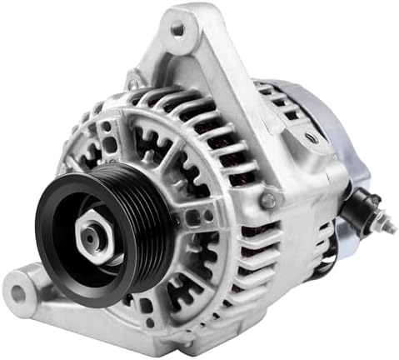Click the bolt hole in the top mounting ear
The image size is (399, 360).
click(177, 29)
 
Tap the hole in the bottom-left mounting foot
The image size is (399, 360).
click(20, 292)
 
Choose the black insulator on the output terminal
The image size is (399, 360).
click(364, 209)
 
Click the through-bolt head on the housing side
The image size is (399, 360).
click(268, 200)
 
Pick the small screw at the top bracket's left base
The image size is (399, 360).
click(134, 83)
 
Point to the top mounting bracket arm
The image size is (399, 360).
click(208, 50)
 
